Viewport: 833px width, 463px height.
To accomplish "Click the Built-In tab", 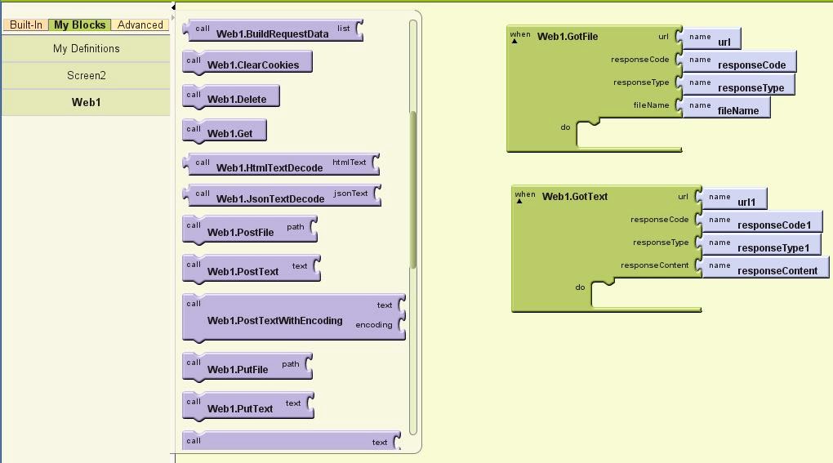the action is (x=25, y=25).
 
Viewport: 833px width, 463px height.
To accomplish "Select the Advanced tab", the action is (x=140, y=25).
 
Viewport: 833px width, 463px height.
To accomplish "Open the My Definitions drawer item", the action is (x=86, y=48).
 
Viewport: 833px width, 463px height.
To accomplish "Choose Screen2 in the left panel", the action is (x=86, y=75).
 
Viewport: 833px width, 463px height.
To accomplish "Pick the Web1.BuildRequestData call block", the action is (x=273, y=31).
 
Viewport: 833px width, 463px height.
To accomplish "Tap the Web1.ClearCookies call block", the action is (x=247, y=62).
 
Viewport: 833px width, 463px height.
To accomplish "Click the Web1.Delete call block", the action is (x=230, y=96).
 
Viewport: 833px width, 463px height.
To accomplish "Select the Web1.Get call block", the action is (x=225, y=131).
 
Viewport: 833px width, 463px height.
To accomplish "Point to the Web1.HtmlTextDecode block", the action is (x=281, y=165).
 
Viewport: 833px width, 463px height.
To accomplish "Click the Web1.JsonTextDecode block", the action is (x=282, y=195).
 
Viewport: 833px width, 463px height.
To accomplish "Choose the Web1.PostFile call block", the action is (x=250, y=230).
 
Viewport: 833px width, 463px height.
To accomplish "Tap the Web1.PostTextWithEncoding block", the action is (x=294, y=318).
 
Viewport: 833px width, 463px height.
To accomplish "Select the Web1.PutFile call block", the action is (x=247, y=367).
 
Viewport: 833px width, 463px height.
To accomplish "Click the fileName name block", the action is (x=726, y=107).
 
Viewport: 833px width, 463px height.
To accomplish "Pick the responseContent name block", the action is (x=765, y=267).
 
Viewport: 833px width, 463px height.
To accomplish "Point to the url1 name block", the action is (x=734, y=198).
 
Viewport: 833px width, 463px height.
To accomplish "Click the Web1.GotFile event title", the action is (x=568, y=37).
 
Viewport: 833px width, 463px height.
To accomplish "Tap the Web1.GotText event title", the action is (x=575, y=197).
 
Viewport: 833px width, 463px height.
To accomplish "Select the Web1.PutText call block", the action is (x=248, y=406).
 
